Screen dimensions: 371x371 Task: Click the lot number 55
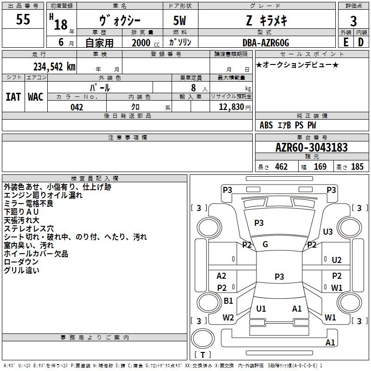coord(23,19)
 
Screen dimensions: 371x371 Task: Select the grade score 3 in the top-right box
coord(353,21)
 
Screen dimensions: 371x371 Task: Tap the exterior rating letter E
coord(346,42)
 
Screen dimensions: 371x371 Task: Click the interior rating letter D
coord(361,42)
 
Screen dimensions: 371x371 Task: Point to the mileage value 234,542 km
coord(54,67)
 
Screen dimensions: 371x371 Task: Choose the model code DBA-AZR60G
coord(266,43)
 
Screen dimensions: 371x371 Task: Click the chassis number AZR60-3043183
coord(312,147)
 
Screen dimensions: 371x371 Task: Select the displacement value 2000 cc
coord(146,43)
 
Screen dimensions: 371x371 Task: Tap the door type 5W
coord(179,20)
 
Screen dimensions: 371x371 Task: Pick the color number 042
coord(77,107)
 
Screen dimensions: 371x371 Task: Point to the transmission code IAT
coord(13,97)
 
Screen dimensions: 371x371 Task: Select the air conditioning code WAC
coord(36,97)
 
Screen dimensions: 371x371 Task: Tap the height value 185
coord(357,166)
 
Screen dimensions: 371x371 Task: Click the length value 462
coord(281,166)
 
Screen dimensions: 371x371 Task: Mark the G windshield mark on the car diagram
coord(265,244)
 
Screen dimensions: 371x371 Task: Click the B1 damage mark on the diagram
coord(228,301)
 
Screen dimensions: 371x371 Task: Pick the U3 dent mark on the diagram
coord(328,231)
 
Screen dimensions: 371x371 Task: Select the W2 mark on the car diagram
coord(228,318)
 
